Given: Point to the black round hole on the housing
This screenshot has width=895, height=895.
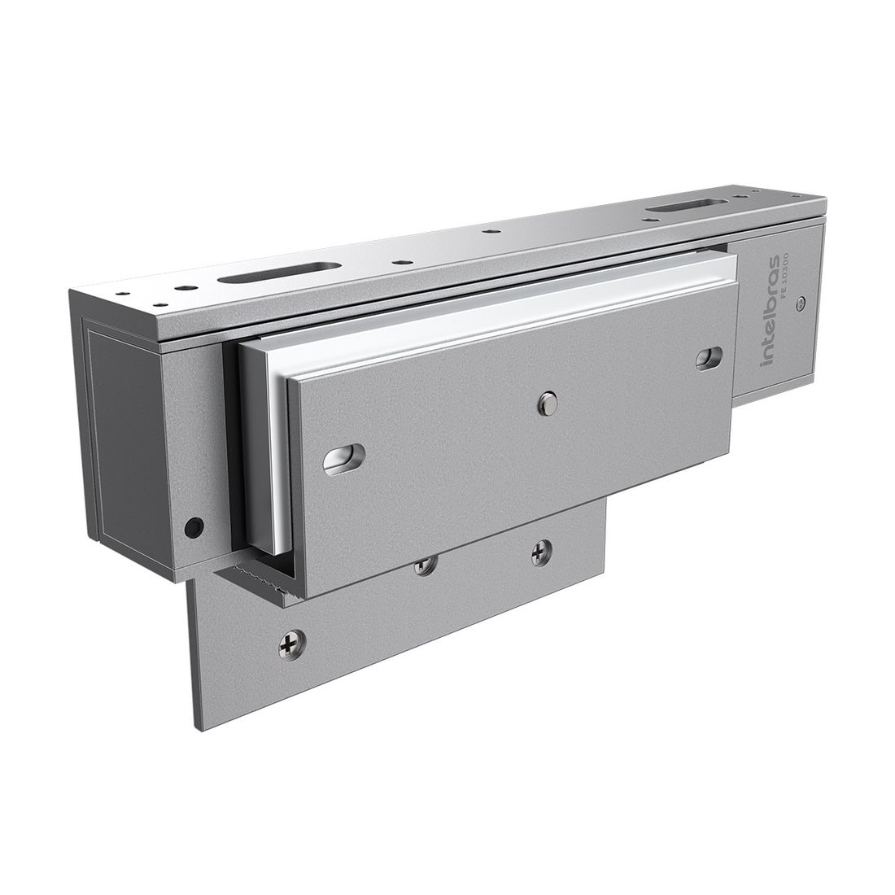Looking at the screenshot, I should pos(193,527).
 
